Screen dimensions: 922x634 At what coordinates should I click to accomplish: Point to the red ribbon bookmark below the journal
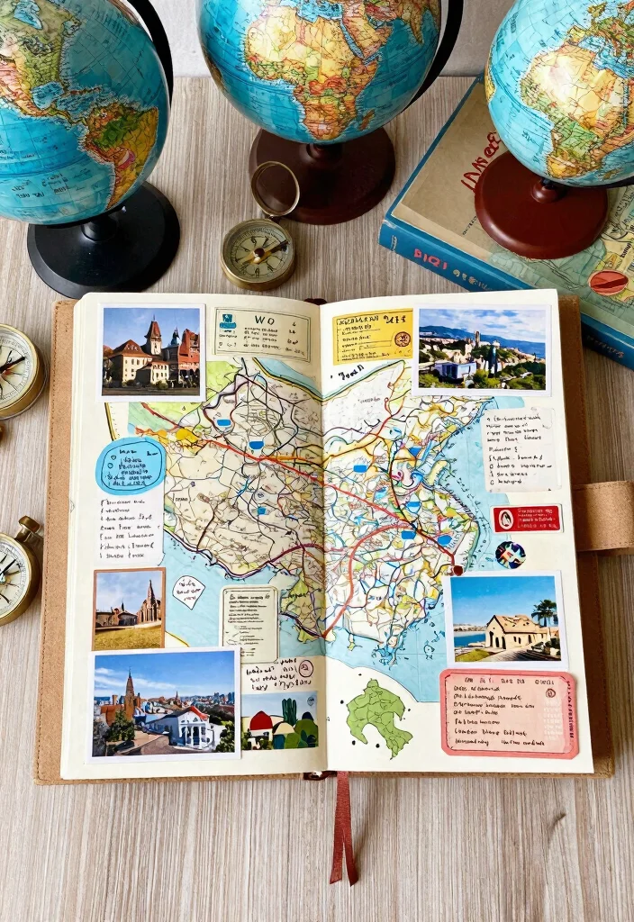point(343,828)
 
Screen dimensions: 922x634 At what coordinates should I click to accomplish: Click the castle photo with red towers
point(150,351)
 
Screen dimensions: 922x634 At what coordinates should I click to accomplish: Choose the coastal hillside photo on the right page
point(482,349)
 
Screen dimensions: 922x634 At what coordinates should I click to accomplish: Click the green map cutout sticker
point(379,716)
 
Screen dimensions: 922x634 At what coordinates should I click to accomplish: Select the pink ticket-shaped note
point(509,712)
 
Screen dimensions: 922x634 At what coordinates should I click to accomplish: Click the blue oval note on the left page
point(131,466)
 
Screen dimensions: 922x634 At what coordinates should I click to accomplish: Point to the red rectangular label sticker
point(527,518)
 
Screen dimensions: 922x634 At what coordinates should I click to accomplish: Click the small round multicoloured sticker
point(510,554)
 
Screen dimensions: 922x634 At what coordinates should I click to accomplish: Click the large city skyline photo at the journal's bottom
point(164,703)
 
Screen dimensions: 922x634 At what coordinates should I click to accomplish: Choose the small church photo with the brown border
point(129,609)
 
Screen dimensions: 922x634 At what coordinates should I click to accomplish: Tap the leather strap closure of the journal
point(602,516)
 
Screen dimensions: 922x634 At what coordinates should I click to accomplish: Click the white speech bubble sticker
point(188,592)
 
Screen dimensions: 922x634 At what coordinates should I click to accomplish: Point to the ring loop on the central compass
point(275,189)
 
